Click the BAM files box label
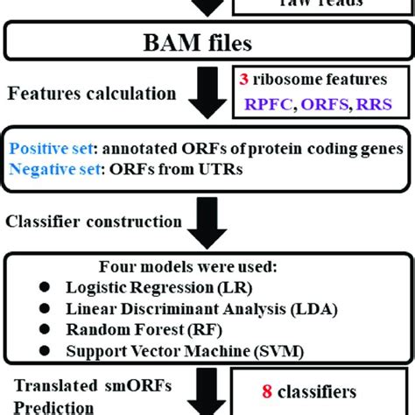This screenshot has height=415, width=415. click(207, 41)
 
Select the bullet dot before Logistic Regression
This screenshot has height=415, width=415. click(45, 286)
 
